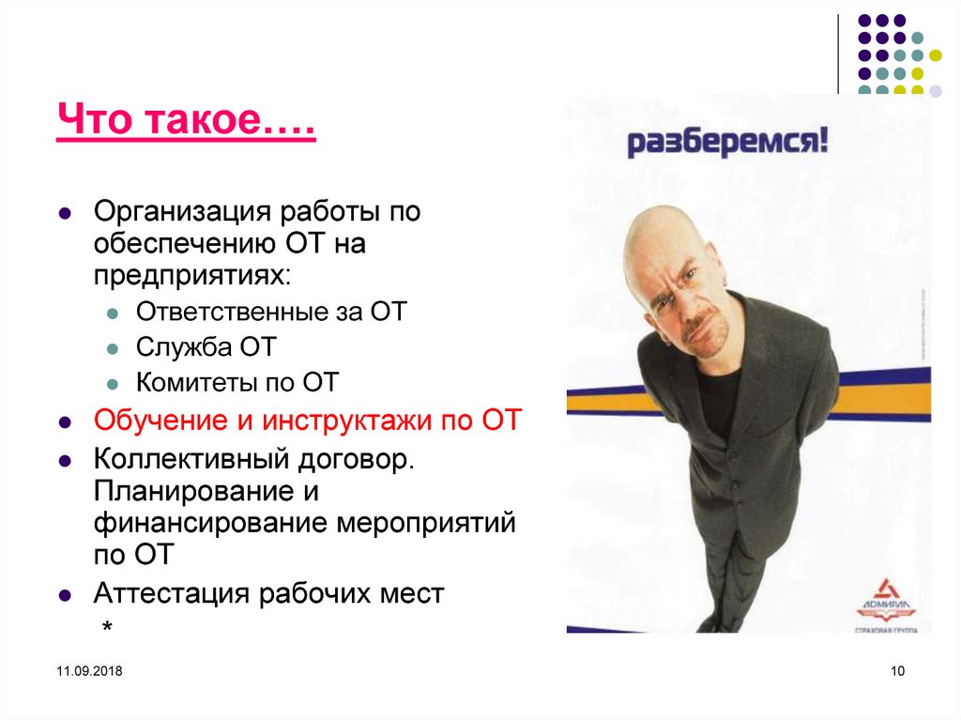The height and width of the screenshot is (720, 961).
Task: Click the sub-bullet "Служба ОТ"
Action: (x=206, y=346)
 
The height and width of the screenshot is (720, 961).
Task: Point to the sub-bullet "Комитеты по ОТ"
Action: (x=236, y=382)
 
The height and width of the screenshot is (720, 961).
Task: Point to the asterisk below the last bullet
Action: (x=108, y=627)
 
